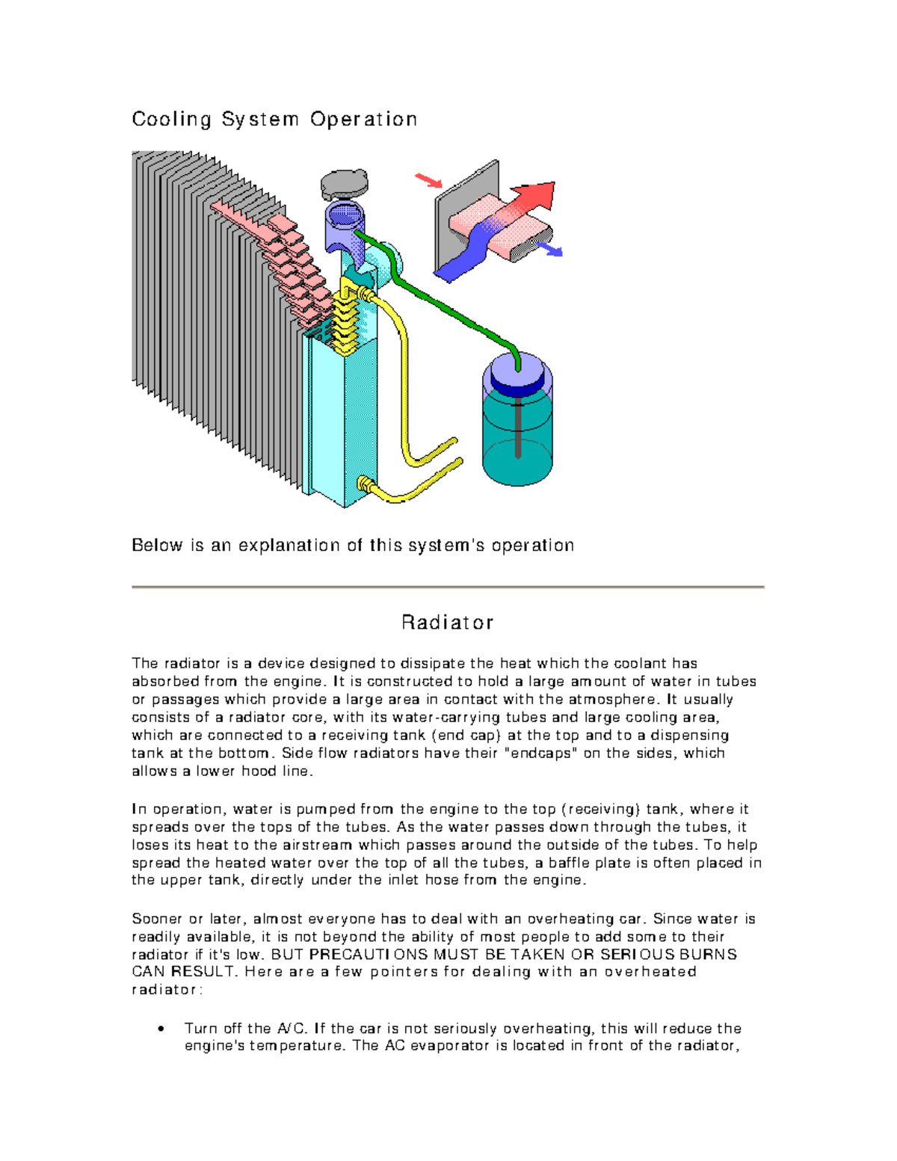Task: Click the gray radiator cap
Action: (x=344, y=183)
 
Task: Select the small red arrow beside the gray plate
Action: (x=428, y=180)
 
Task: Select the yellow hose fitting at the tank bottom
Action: (x=366, y=484)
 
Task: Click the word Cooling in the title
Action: (x=171, y=120)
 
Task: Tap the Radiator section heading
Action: (x=447, y=623)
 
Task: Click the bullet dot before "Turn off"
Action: (x=161, y=1029)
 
